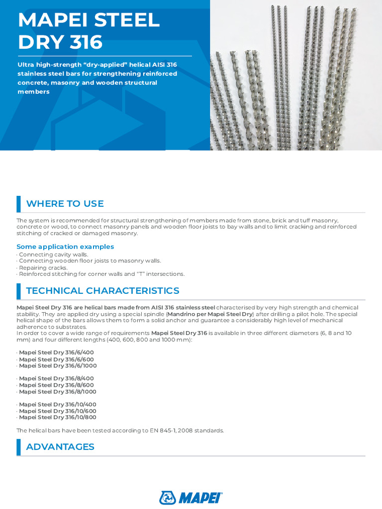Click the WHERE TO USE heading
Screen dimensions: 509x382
[65, 203]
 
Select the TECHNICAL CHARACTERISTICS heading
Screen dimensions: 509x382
[102, 291]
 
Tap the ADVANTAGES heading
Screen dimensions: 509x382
[60, 447]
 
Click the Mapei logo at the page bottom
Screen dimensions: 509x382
[191, 498]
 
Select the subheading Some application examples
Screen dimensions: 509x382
[65, 247]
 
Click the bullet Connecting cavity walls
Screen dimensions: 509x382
[53, 254]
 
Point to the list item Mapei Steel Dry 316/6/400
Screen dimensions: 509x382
[56, 352]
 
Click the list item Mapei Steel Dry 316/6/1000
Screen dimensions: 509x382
[58, 365]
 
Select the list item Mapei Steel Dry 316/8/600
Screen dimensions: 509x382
[56, 385]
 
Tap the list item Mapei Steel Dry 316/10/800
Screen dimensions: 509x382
[58, 418]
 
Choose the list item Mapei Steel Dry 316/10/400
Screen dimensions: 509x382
[58, 405]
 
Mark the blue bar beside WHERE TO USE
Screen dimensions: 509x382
[18, 204]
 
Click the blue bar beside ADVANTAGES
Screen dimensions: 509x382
[18, 447]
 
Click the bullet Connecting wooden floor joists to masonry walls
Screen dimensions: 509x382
[90, 261]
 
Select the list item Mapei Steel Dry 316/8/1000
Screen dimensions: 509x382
[58, 391]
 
